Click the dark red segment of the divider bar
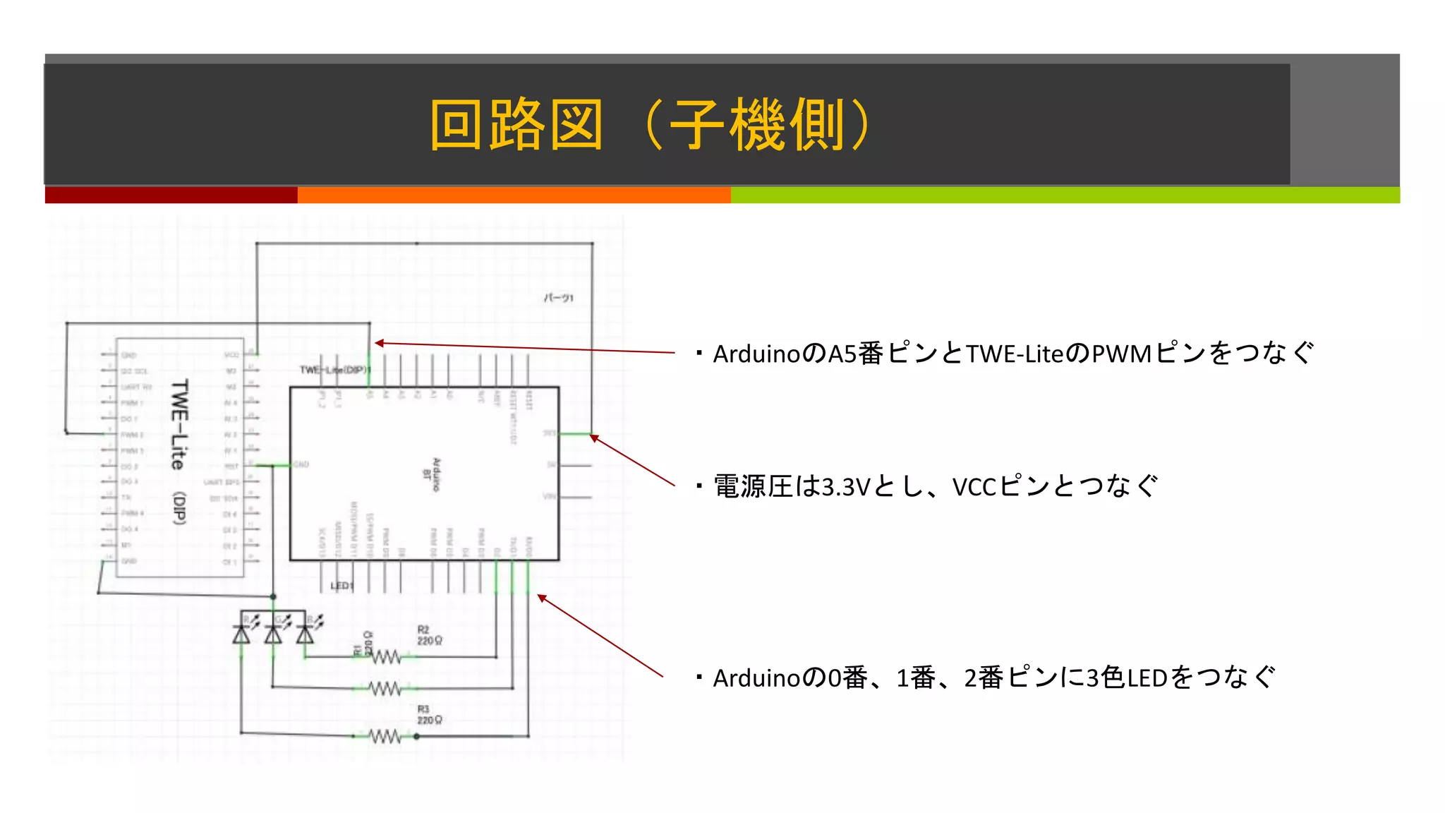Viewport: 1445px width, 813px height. [171, 195]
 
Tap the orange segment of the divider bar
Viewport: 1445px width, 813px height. [514, 195]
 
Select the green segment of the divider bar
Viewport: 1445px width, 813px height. [1065, 195]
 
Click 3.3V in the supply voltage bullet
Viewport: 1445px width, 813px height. [846, 487]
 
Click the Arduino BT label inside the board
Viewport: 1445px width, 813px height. [432, 474]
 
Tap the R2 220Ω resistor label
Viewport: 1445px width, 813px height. [429, 635]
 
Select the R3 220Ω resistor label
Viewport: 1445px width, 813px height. [429, 715]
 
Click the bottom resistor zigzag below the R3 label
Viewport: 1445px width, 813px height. [385, 737]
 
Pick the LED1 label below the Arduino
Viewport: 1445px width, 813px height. [341, 586]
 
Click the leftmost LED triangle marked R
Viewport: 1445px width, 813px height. [241, 634]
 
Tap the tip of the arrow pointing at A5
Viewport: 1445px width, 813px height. [377, 343]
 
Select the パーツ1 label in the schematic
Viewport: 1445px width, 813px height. [558, 298]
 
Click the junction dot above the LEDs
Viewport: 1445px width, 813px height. [273, 597]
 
